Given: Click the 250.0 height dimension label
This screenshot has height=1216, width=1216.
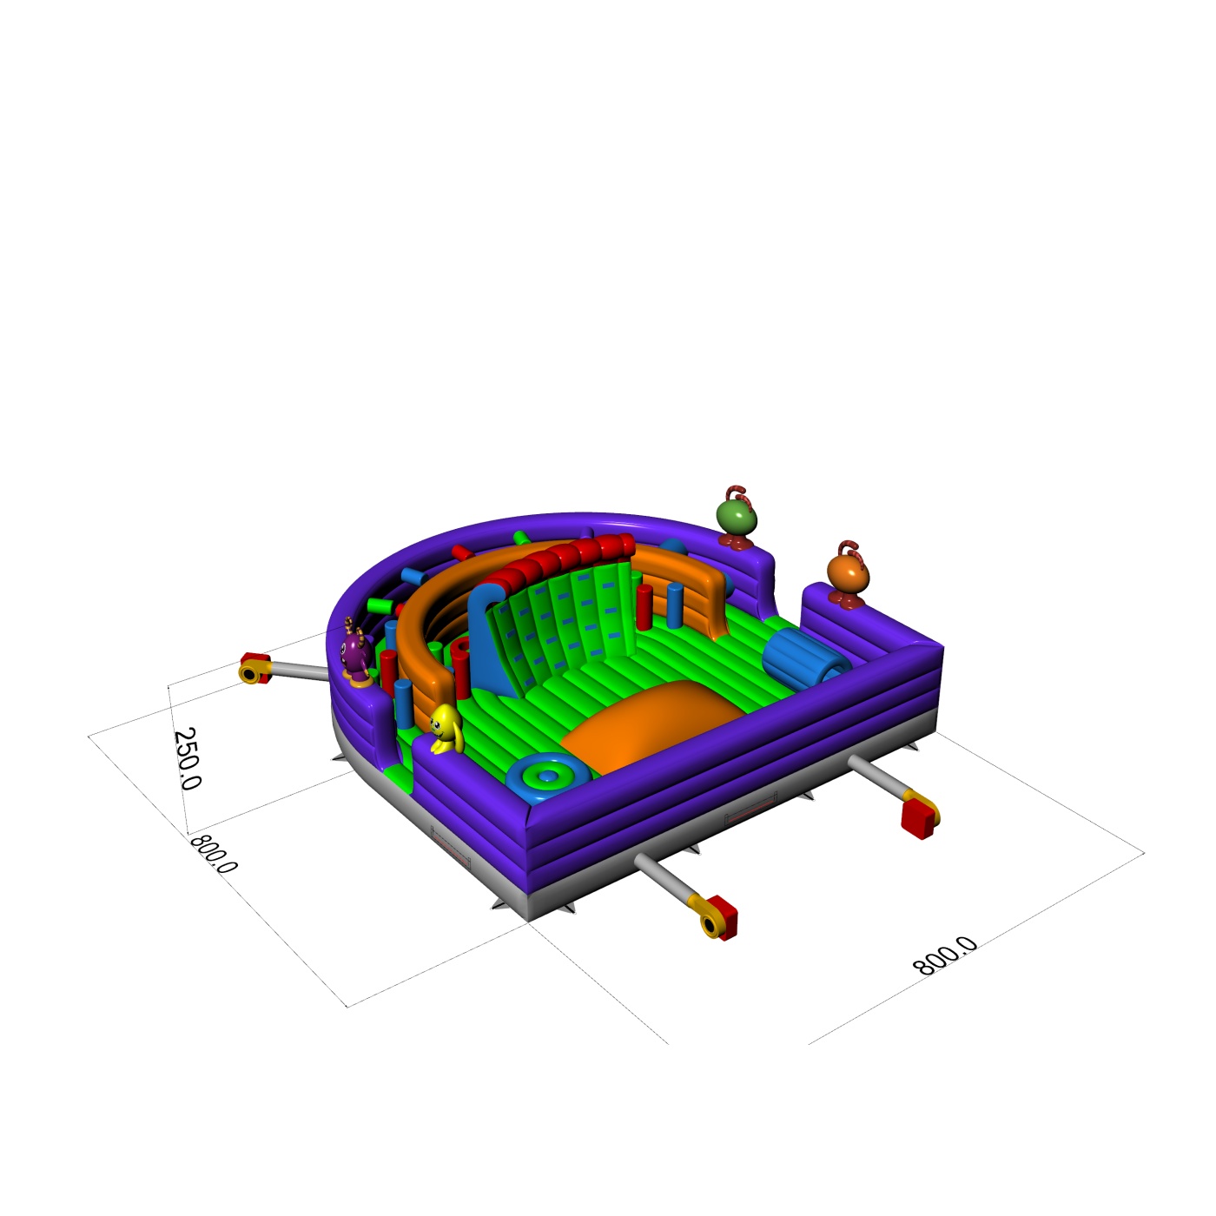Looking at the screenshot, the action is click(x=187, y=758).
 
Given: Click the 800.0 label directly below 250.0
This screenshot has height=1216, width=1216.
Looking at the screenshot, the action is click(x=214, y=855).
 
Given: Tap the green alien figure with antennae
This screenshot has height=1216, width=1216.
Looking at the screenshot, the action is click(x=737, y=517).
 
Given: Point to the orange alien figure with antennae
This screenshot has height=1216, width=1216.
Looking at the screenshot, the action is click(x=848, y=575).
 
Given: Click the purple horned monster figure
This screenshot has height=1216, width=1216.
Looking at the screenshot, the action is click(x=356, y=651).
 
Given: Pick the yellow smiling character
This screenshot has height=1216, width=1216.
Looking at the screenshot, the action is click(x=446, y=728).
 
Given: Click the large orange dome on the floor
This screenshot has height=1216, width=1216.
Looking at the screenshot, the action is click(x=650, y=724).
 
